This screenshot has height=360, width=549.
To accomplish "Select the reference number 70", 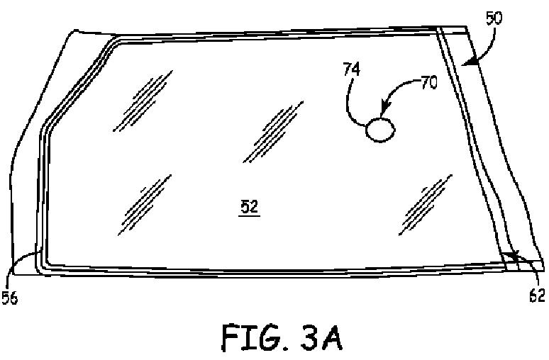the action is (428, 82).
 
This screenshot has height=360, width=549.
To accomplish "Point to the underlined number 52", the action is (249, 206).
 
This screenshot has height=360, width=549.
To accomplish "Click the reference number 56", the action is (10, 298).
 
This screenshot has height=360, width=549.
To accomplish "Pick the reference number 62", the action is (537, 296).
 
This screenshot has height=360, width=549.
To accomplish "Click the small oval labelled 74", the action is (379, 129).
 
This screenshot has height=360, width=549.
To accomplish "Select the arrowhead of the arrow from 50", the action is (465, 64).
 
